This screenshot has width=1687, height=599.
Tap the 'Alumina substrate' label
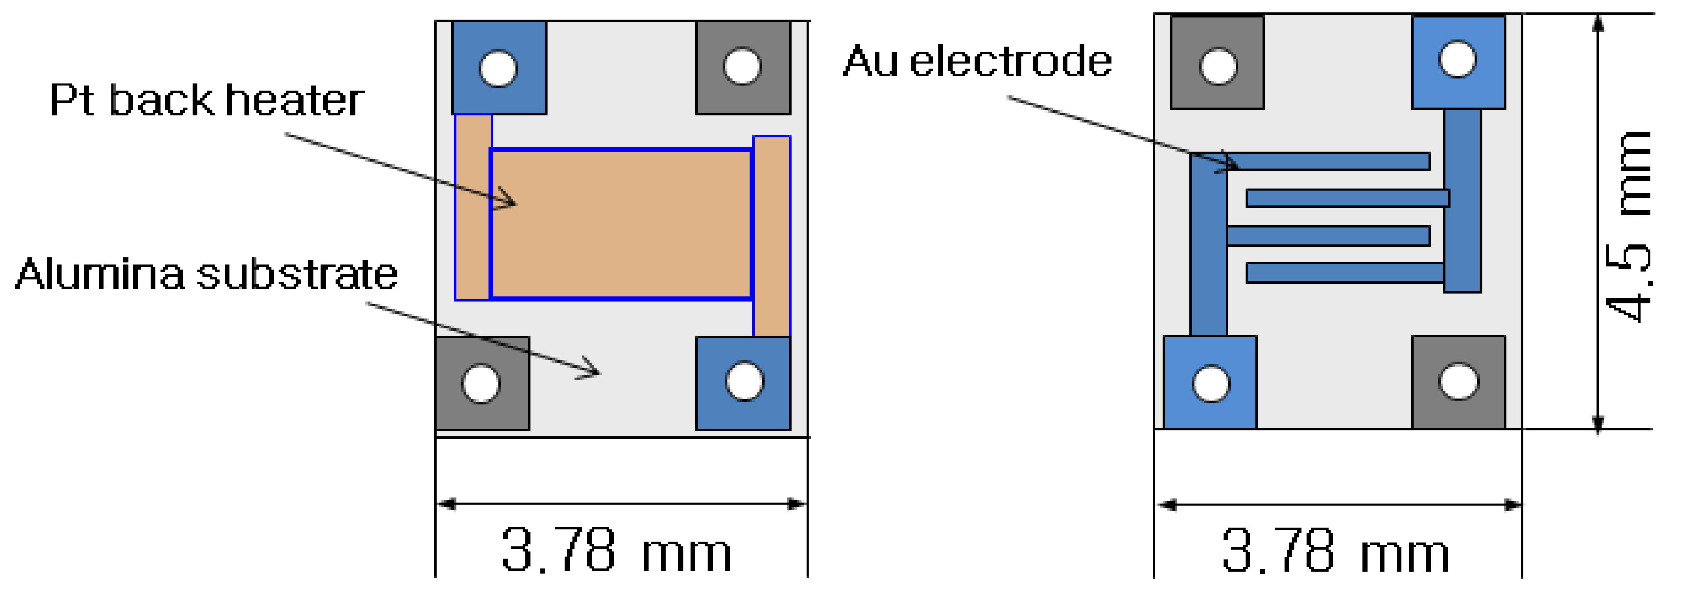(x=206, y=274)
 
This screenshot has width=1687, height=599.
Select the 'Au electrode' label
(x=977, y=62)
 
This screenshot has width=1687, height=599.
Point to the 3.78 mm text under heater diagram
(x=615, y=550)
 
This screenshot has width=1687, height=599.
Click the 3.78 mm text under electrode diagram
(x=1336, y=550)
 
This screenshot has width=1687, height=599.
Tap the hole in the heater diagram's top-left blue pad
(x=498, y=68)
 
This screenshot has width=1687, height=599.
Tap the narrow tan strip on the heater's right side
(x=771, y=236)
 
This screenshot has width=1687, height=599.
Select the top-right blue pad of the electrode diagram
(x=1483, y=88)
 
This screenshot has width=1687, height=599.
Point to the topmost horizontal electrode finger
(x=1329, y=161)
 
